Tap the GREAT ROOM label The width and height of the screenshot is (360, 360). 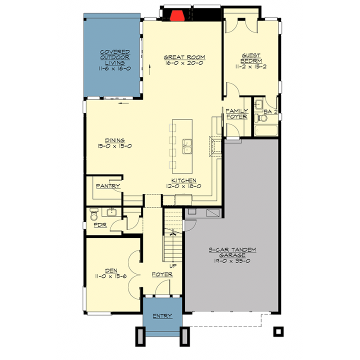(184, 57)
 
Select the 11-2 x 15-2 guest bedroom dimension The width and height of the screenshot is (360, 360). (250, 66)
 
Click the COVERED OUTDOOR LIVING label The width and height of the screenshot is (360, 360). (115, 57)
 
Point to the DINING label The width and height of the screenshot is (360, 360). (115, 140)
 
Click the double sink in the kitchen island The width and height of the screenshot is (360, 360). (187, 146)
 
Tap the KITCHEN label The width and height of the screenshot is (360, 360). (183, 180)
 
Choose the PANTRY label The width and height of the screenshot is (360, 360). (108, 185)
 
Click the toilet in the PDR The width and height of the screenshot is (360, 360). (93, 214)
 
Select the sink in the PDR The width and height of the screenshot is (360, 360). (111, 212)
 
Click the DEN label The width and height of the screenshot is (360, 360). (111, 270)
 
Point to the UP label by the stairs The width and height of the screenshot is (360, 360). (173, 266)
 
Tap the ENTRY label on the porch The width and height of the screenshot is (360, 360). (162, 316)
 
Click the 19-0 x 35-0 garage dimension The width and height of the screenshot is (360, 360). (232, 261)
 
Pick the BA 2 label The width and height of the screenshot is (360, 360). (270, 111)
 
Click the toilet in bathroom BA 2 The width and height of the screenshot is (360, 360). (261, 118)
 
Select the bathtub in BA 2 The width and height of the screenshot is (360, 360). (266, 130)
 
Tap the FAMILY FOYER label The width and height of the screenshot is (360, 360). (236, 114)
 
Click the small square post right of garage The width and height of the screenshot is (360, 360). (278, 331)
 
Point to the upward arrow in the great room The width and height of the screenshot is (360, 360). (149, 69)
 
